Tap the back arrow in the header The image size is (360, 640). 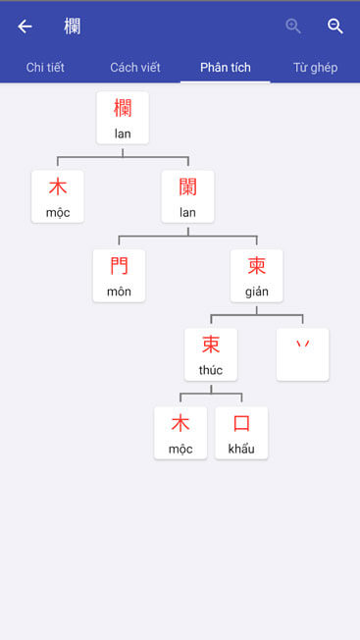(26, 27)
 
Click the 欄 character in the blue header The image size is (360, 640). (72, 27)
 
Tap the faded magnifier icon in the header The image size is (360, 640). (293, 27)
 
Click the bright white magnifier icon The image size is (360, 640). (335, 27)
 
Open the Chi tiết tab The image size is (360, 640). (45, 68)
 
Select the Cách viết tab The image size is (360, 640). (135, 68)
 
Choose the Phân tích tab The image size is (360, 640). (226, 68)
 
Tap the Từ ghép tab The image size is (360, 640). (315, 68)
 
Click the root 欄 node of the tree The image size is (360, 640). (123, 118)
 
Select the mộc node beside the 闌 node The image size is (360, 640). (58, 196)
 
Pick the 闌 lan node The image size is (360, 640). (187, 196)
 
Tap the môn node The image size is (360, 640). (119, 276)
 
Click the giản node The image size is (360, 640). (257, 276)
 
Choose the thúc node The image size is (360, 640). (211, 354)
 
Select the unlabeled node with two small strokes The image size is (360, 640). (303, 354)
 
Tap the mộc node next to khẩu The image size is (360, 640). (180, 433)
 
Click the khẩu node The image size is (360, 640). (241, 433)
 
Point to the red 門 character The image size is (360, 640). (119, 265)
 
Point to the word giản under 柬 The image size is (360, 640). (257, 292)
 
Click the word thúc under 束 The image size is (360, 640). (211, 370)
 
